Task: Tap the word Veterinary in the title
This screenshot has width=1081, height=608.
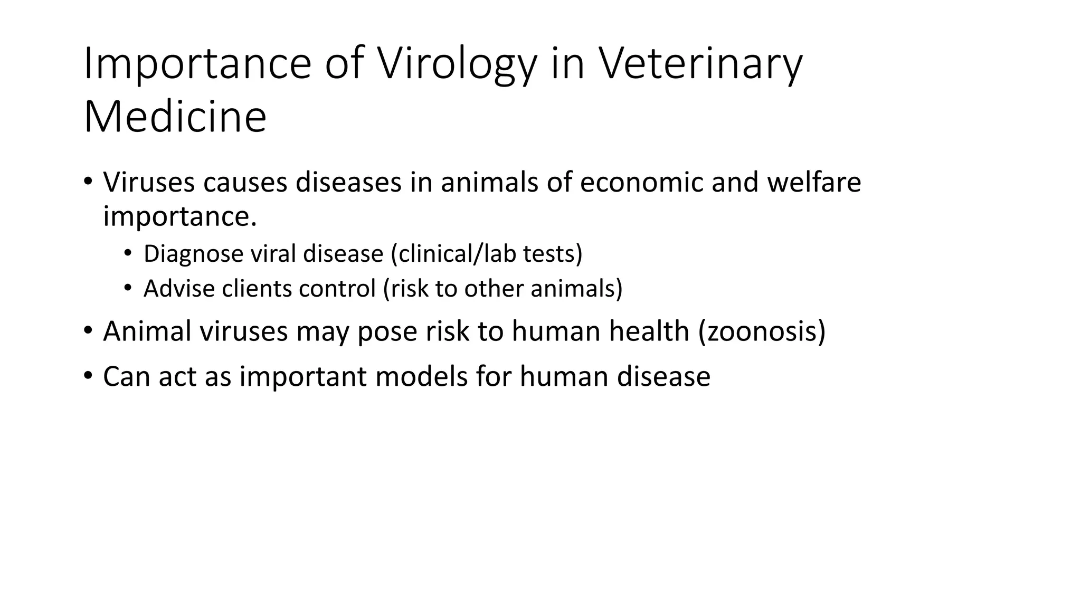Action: [x=700, y=64]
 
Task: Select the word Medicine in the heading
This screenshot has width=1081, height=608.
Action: [x=175, y=117]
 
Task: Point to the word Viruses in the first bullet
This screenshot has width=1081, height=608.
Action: [x=150, y=182]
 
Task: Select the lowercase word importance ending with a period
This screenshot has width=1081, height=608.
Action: [x=179, y=216]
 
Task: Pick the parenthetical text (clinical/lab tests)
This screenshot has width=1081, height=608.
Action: [x=486, y=254]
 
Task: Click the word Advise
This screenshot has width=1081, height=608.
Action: [x=179, y=289]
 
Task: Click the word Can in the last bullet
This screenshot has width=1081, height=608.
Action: [x=126, y=376]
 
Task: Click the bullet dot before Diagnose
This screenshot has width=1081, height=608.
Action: [x=127, y=253]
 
